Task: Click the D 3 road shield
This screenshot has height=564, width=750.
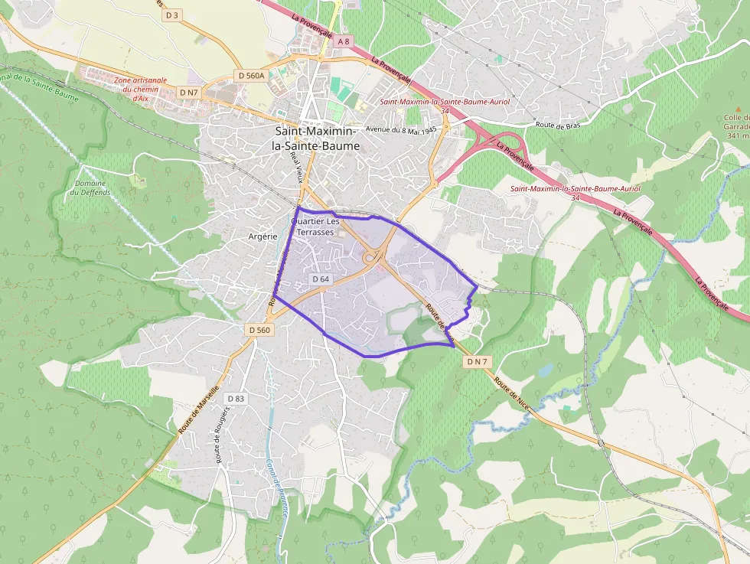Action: (171, 15)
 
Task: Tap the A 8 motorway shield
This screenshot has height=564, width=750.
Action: (344, 42)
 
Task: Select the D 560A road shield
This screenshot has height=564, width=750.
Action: (251, 75)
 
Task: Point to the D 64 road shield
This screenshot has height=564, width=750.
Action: (321, 279)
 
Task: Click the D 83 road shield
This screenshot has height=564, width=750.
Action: (235, 399)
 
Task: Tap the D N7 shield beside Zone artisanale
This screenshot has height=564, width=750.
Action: (188, 92)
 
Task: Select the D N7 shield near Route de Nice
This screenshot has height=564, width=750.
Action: (476, 361)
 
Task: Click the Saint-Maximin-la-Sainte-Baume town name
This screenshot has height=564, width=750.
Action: (316, 139)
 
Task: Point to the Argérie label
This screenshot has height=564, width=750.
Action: (262, 236)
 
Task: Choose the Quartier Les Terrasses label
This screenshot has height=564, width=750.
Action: (315, 227)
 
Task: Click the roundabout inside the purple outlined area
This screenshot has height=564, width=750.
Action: (373, 258)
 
